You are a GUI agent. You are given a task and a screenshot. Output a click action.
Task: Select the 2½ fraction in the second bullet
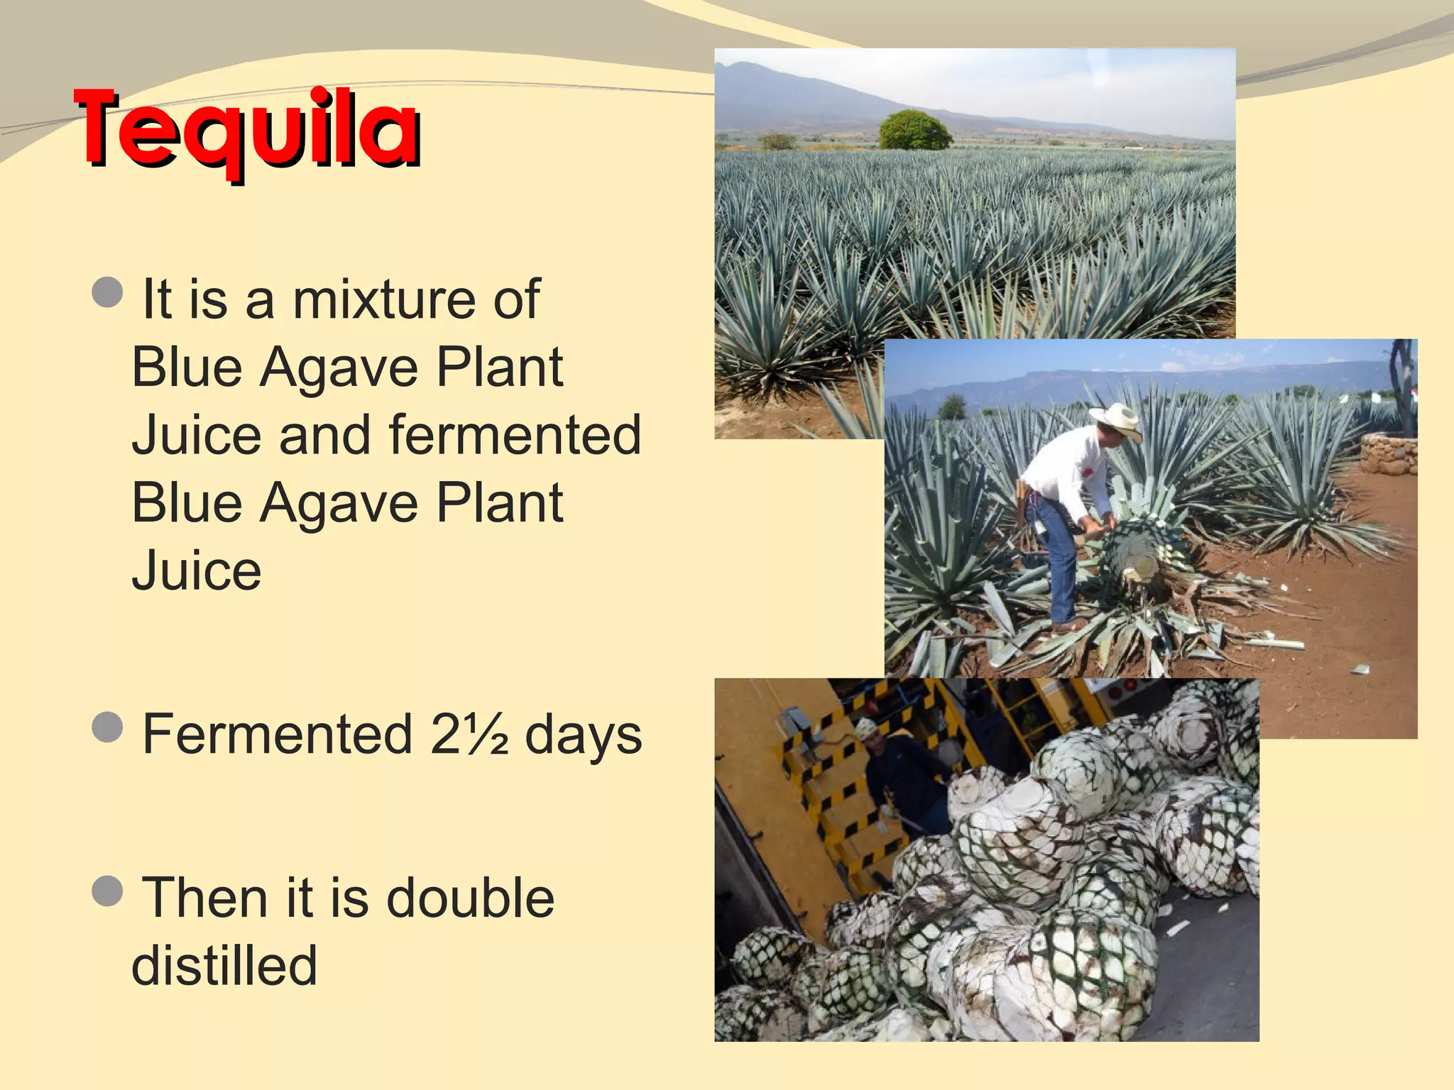click(x=469, y=734)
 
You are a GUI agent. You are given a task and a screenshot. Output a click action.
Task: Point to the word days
click(x=583, y=736)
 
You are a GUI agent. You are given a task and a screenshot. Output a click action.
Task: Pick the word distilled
click(x=224, y=965)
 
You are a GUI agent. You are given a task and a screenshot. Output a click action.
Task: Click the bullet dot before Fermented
click(x=108, y=727)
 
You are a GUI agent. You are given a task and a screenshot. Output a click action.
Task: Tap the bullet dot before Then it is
click(x=108, y=890)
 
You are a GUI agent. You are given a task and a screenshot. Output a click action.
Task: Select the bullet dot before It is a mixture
click(x=108, y=292)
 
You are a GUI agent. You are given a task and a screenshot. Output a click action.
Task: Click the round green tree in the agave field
click(x=914, y=131)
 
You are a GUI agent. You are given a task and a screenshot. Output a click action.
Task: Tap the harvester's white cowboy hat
click(x=1117, y=419)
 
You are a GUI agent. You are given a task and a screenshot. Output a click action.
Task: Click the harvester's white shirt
click(x=1065, y=468)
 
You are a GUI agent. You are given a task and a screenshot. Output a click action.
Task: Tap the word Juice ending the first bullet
click(x=197, y=571)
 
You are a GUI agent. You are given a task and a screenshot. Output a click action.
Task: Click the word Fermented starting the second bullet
click(x=278, y=734)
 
